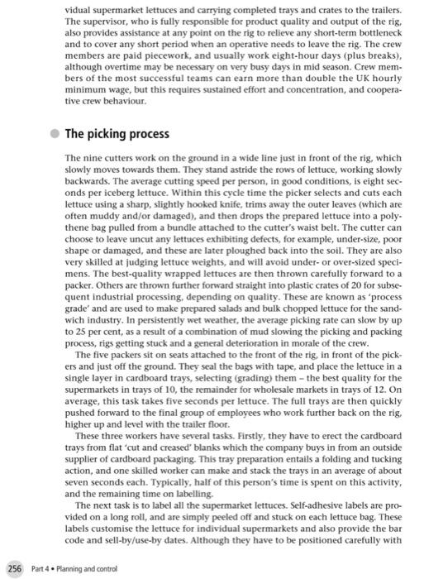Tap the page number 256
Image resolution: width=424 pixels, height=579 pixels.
point(14,568)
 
